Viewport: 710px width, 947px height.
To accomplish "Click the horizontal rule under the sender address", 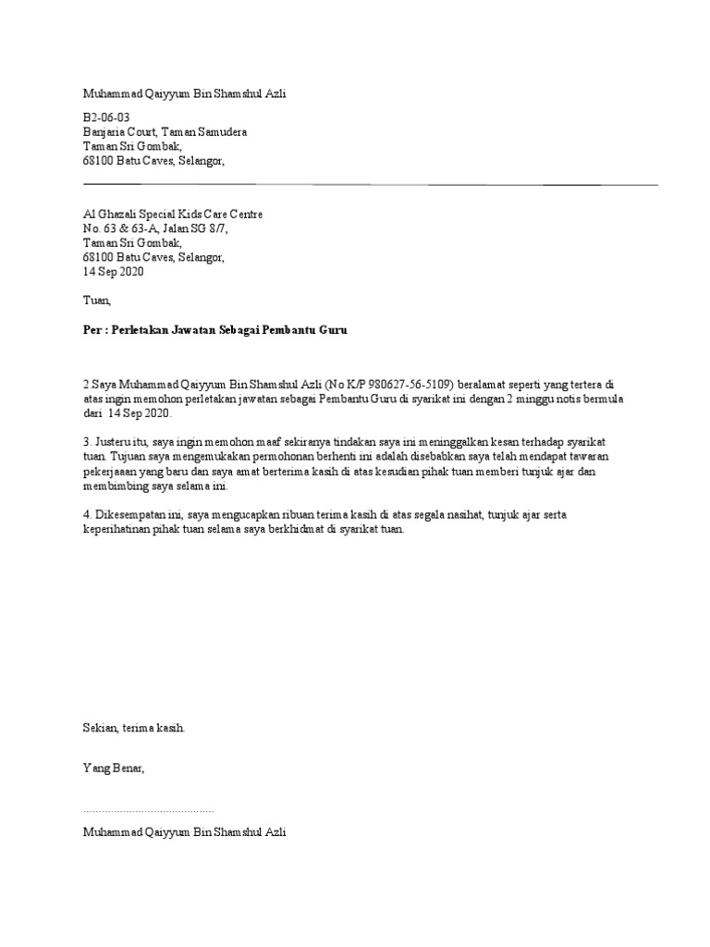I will (x=370, y=185).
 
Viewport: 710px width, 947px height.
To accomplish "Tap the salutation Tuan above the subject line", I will (x=95, y=301).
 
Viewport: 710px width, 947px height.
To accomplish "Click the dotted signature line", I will (x=148, y=810).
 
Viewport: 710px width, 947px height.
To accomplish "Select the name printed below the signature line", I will (x=185, y=832).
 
